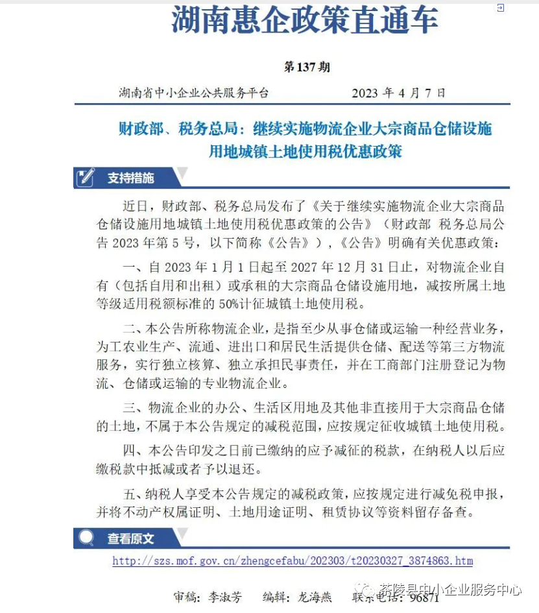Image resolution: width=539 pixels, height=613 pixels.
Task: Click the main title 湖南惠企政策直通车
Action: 305,21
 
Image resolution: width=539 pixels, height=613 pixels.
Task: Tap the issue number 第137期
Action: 307,67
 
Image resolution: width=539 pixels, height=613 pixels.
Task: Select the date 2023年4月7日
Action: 398,93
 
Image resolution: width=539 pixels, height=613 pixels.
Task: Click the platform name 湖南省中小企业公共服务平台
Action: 193,93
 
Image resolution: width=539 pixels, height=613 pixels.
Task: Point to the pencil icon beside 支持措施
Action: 85,177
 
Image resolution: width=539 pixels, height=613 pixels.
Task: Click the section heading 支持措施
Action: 131,178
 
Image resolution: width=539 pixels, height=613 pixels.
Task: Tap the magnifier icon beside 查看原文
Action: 86,538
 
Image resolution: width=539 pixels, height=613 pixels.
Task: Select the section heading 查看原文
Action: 131,538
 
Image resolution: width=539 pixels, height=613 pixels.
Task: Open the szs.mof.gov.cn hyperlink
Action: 293,561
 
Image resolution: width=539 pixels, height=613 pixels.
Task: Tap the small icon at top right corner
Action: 500,8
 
